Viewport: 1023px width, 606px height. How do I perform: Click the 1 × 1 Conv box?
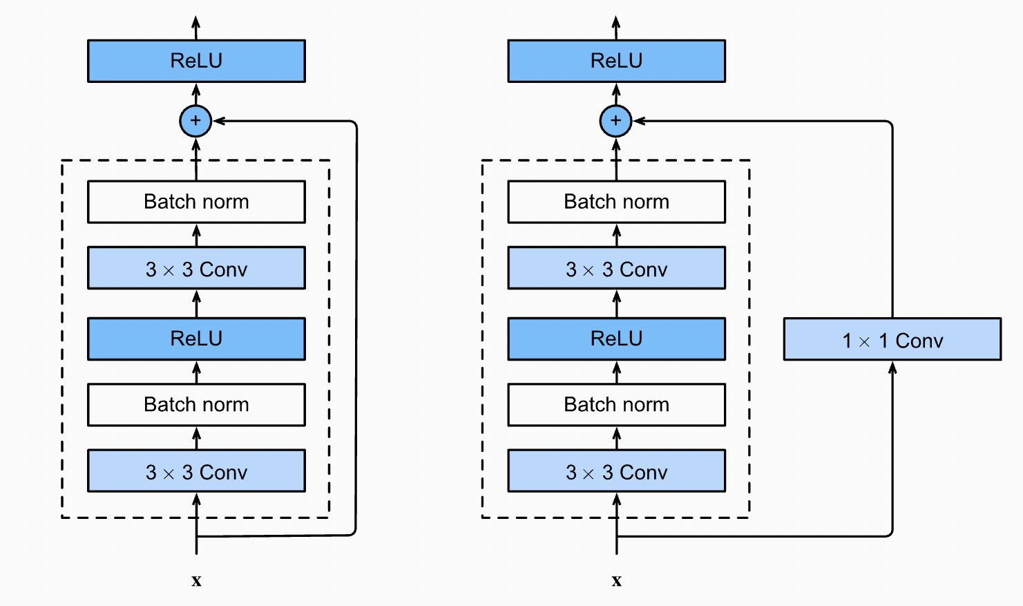pyautogui.click(x=892, y=339)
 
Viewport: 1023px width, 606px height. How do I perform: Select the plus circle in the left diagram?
pyautogui.click(x=195, y=121)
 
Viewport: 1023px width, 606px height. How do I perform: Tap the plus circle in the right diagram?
pyautogui.click(x=615, y=121)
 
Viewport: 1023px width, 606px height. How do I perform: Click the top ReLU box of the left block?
pyautogui.click(x=196, y=61)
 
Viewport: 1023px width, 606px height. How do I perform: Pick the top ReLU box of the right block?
pyautogui.click(x=616, y=61)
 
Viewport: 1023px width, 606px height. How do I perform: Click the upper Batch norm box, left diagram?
pyautogui.click(x=196, y=202)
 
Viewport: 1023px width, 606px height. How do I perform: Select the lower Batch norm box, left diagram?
pyautogui.click(x=196, y=404)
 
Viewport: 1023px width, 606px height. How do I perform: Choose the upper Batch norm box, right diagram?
pyautogui.click(x=616, y=202)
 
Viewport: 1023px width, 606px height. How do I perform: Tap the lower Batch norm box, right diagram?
pyautogui.click(x=616, y=404)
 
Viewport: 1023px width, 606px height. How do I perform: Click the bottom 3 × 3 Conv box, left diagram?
pyautogui.click(x=196, y=471)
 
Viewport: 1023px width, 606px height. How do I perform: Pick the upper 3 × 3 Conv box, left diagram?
pyautogui.click(x=196, y=268)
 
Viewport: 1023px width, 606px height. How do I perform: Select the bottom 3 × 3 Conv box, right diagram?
pyautogui.click(x=616, y=471)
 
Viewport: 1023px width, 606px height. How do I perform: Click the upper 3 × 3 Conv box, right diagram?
pyautogui.click(x=616, y=268)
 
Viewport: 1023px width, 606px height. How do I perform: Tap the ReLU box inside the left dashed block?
pyautogui.click(x=196, y=339)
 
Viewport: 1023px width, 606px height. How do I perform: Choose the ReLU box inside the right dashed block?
pyautogui.click(x=616, y=339)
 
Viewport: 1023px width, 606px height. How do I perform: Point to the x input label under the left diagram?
pyautogui.click(x=196, y=580)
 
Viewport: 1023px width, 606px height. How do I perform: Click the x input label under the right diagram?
pyautogui.click(x=616, y=580)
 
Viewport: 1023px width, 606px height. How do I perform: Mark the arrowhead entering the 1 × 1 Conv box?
pyautogui.click(x=892, y=368)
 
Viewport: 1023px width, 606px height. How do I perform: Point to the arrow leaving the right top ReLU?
pyautogui.click(x=616, y=26)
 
